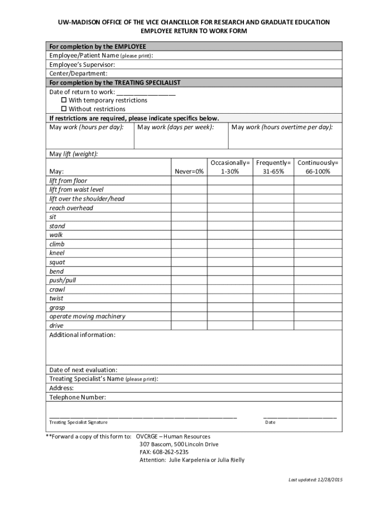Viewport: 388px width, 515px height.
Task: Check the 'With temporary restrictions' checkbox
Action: pyautogui.click(x=64, y=100)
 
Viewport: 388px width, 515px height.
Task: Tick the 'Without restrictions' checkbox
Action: pyautogui.click(x=64, y=109)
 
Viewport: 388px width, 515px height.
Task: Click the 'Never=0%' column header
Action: pyautogui.click(x=189, y=171)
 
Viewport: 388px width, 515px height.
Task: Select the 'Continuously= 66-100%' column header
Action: pyautogui.click(x=318, y=167)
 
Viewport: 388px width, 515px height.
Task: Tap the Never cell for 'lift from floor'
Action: pyautogui.click(x=189, y=181)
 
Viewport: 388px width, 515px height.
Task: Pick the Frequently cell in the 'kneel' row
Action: pyautogui.click(x=274, y=253)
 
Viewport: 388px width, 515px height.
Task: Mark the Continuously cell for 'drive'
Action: pyautogui.click(x=318, y=325)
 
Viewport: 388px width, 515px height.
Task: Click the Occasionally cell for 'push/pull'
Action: pyautogui.click(x=230, y=280)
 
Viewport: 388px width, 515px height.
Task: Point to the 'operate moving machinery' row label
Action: pyautogui.click(x=87, y=316)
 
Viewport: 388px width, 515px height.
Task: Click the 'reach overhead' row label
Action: pyautogui.click(x=71, y=208)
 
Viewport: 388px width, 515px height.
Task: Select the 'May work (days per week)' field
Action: pyautogui.click(x=181, y=137)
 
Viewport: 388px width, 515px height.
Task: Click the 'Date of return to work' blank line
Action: pyautogui.click(x=146, y=93)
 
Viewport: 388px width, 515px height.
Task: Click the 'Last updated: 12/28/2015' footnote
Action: pyautogui.click(x=315, y=480)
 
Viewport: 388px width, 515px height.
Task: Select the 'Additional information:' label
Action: pyautogui.click(x=82, y=335)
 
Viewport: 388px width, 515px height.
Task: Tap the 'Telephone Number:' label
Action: pyautogui.click(x=78, y=397)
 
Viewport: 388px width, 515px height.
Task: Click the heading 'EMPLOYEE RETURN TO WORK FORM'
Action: pyautogui.click(x=193, y=31)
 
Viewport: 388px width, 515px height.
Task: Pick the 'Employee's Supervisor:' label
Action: pyautogui.click(x=82, y=65)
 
